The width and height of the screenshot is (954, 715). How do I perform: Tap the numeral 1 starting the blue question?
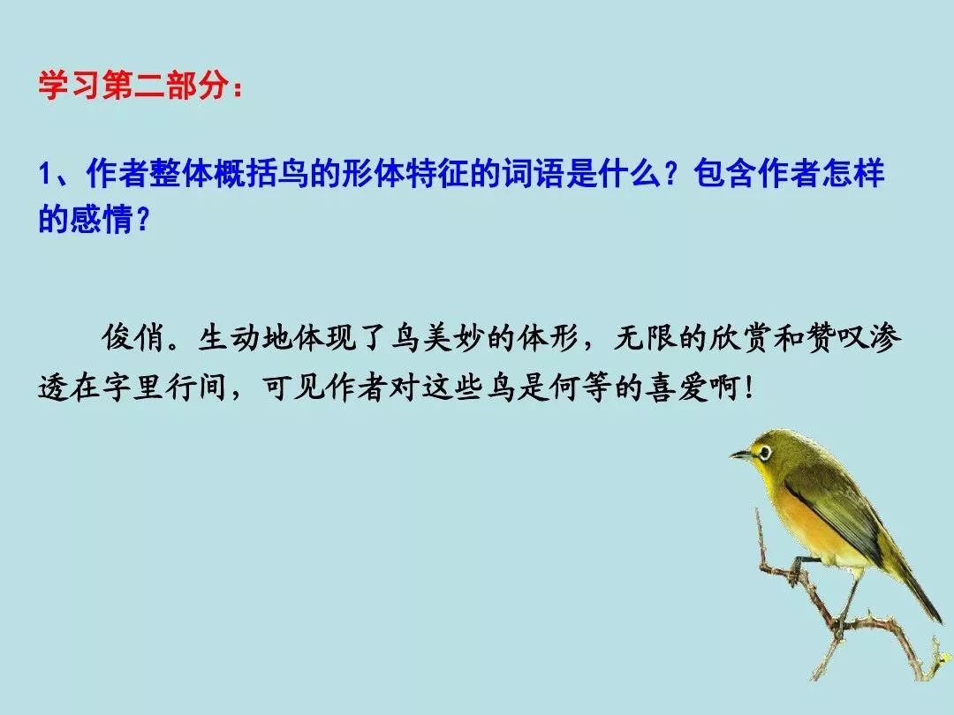pyautogui.click(x=45, y=174)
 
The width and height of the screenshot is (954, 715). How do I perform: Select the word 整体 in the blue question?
pyautogui.click(x=181, y=173)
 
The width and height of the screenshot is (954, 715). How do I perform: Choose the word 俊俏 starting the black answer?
pyautogui.click(x=133, y=338)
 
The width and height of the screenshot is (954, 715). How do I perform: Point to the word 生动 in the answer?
pyautogui.click(x=230, y=338)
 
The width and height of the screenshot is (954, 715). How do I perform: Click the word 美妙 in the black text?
pyautogui.click(x=453, y=338)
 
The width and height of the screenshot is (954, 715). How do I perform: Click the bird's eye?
pyautogui.click(x=764, y=452)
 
